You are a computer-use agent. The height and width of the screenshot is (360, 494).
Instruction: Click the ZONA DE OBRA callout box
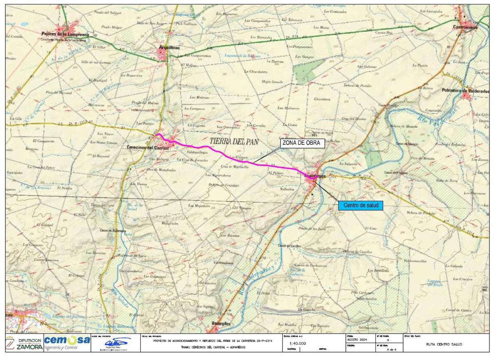coord(303,143)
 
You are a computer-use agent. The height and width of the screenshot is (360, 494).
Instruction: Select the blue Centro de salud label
coord(361,205)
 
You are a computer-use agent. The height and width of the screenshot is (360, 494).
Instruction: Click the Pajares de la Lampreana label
coord(66,34)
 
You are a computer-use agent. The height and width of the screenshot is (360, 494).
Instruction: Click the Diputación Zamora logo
coord(24,343)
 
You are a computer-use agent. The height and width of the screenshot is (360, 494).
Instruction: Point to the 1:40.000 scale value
coord(298,343)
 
